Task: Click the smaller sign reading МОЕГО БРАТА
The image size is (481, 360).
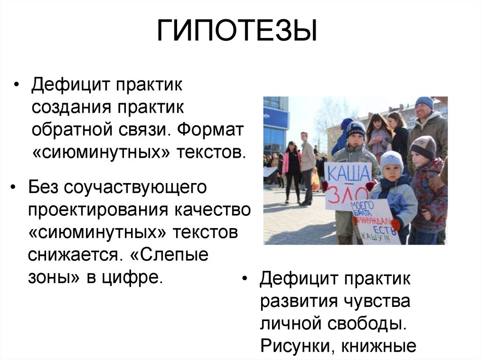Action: [x=374, y=221]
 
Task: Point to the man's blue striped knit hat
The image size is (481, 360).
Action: [x=424, y=102]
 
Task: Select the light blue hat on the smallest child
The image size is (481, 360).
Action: [x=391, y=160]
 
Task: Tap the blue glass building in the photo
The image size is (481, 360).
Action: [x=275, y=122]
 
